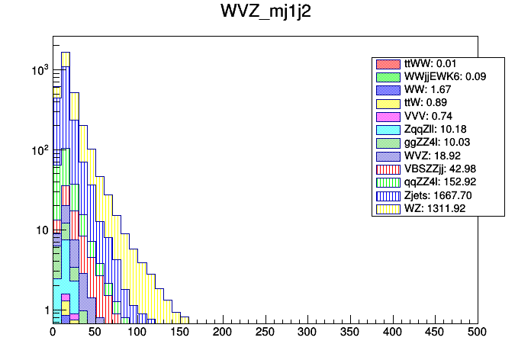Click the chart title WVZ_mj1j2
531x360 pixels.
(265, 13)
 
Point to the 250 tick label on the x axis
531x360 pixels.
(265, 332)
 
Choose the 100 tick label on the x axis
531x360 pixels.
(137, 332)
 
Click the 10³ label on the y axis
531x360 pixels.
(40, 70)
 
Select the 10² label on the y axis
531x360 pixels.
(40, 150)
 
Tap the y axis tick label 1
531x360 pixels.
(44, 310)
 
